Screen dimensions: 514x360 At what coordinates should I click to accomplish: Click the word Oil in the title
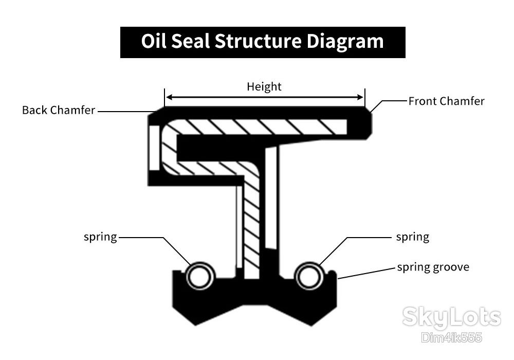(153, 41)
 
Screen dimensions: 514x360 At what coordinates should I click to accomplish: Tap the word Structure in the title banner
(258, 41)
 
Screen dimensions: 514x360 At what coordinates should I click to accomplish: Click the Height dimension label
(264, 86)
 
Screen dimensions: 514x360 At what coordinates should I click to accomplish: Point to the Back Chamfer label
(59, 110)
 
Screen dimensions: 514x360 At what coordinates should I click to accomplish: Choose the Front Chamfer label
(447, 101)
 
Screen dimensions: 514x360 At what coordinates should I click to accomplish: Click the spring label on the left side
(100, 237)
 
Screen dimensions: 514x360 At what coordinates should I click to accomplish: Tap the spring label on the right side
(413, 237)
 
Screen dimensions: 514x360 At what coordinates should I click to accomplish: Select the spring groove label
(433, 267)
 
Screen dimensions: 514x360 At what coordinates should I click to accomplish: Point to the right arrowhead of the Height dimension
(360, 97)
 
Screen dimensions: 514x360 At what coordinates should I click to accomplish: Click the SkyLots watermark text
(452, 317)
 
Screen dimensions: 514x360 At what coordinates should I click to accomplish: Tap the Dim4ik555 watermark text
(452, 337)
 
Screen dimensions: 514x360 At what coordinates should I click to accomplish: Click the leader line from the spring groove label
(366, 274)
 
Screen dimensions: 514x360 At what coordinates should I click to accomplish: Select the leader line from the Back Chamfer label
(127, 112)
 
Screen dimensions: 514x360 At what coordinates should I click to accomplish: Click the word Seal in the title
(190, 41)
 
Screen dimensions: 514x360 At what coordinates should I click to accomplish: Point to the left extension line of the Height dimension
(164, 97)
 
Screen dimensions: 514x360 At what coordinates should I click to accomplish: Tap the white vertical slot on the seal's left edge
(154, 148)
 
